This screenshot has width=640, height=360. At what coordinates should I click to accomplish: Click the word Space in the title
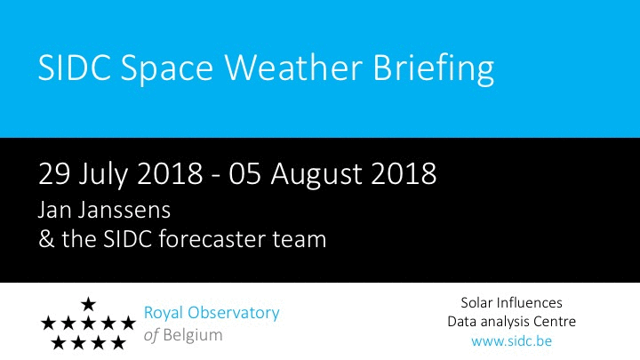(x=166, y=68)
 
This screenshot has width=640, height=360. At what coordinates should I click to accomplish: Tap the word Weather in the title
(x=294, y=67)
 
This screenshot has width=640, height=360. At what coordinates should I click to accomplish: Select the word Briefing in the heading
(x=434, y=68)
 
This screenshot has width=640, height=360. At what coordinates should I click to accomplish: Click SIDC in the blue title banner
(x=75, y=67)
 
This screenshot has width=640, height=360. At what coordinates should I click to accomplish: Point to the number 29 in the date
(x=54, y=174)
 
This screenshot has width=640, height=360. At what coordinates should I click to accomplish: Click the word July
(x=103, y=175)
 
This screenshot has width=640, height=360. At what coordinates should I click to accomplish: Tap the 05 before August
(x=244, y=174)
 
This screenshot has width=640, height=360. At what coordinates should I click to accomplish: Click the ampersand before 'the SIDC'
(x=46, y=239)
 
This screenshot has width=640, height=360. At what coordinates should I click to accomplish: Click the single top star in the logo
(x=88, y=304)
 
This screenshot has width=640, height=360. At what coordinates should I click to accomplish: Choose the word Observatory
(x=234, y=314)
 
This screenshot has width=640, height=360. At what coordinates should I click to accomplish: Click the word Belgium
(x=193, y=335)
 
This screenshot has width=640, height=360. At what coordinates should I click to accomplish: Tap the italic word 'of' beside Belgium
(x=151, y=335)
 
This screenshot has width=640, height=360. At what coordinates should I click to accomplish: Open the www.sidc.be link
(x=511, y=340)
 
